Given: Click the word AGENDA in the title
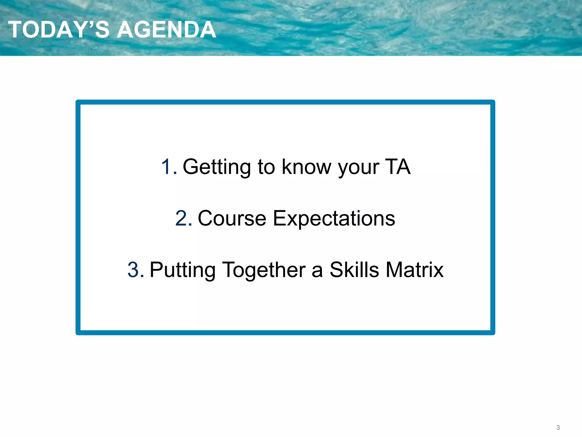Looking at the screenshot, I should click(167, 30).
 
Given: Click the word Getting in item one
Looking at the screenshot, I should click(217, 167).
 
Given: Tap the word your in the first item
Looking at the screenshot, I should click(359, 168).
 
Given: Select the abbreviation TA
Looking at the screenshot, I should click(398, 167).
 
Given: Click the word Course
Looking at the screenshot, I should click(232, 218).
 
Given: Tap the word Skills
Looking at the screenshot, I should click(354, 270).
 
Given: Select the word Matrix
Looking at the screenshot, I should click(415, 270).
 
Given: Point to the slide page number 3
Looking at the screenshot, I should click(558, 427).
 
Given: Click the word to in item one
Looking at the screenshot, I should click(266, 167).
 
